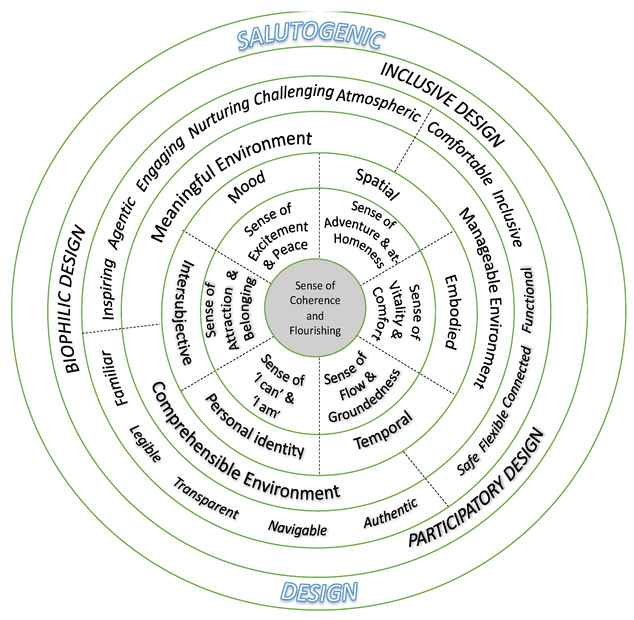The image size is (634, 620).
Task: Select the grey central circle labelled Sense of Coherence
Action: tap(315, 308)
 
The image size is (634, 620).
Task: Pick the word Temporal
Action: tap(383, 431)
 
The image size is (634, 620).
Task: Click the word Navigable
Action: tap(297, 528)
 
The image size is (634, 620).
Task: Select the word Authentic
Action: tap(391, 513)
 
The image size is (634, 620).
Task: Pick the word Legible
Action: tap(145, 444)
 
